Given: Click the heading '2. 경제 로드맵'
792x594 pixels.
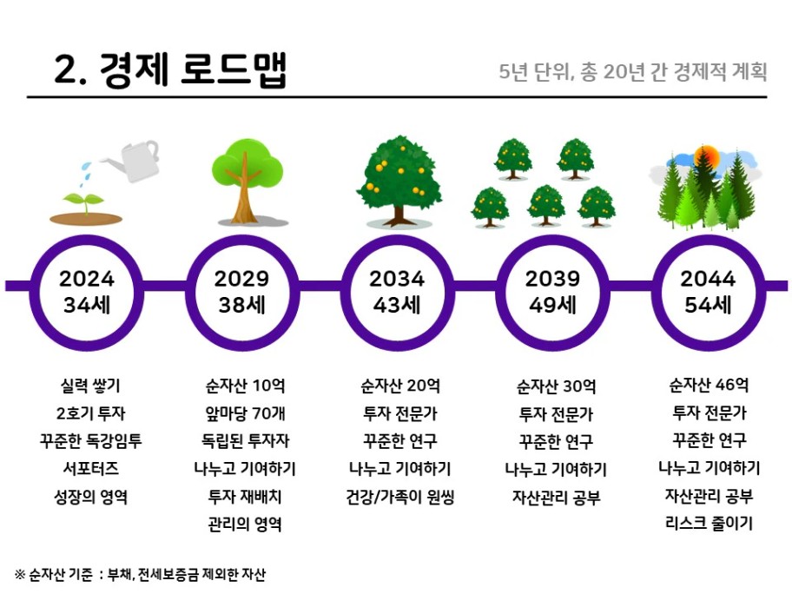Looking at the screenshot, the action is [x=169, y=69].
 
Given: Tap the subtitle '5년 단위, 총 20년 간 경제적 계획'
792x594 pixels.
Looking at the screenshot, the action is [x=633, y=72].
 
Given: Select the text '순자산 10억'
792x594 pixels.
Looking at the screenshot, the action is [x=245, y=386].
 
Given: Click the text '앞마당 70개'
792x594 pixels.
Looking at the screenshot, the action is [x=245, y=413].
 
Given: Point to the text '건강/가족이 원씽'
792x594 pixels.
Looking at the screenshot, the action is [x=400, y=497].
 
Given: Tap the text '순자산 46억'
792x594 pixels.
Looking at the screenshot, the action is [x=709, y=385].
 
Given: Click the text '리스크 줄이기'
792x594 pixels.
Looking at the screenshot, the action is [x=709, y=523].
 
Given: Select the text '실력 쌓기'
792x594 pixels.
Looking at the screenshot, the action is [x=90, y=386].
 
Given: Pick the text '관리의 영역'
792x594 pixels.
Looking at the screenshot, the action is [x=245, y=524].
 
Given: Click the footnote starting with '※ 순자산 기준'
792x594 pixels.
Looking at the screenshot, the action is [x=140, y=574].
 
